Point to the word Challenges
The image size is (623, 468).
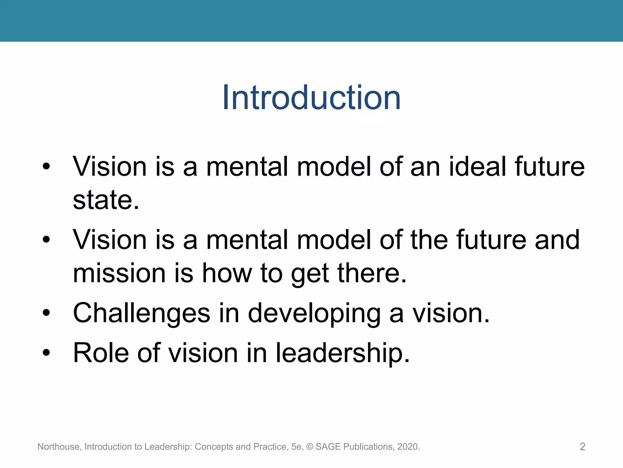(x=141, y=313)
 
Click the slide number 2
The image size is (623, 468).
(x=582, y=447)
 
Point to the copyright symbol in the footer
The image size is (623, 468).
(x=310, y=447)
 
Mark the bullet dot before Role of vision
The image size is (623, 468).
(x=46, y=353)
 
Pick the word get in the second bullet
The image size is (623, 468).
(x=310, y=274)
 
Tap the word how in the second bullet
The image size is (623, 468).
(x=227, y=273)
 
